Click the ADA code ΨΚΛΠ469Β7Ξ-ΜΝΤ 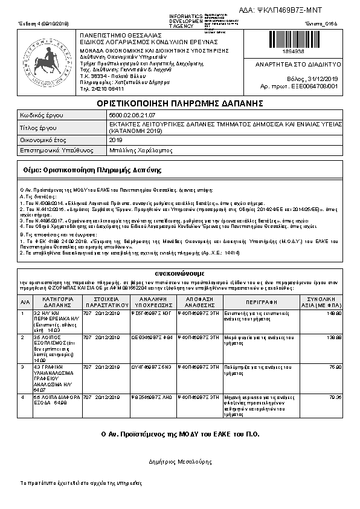click(291, 10)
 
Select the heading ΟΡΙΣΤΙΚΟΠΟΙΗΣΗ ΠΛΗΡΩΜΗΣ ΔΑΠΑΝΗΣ click(180, 104)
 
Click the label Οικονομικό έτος click(42, 140)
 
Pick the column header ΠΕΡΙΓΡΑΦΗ click(261, 302)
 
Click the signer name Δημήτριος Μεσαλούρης click(180, 461)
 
